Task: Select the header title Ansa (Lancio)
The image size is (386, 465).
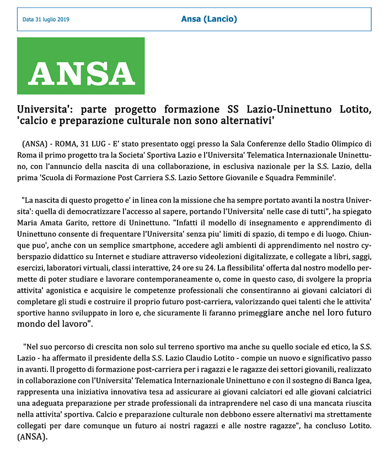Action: [209, 19]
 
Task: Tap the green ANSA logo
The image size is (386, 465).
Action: [81, 66]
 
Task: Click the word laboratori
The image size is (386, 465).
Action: [67, 270]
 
